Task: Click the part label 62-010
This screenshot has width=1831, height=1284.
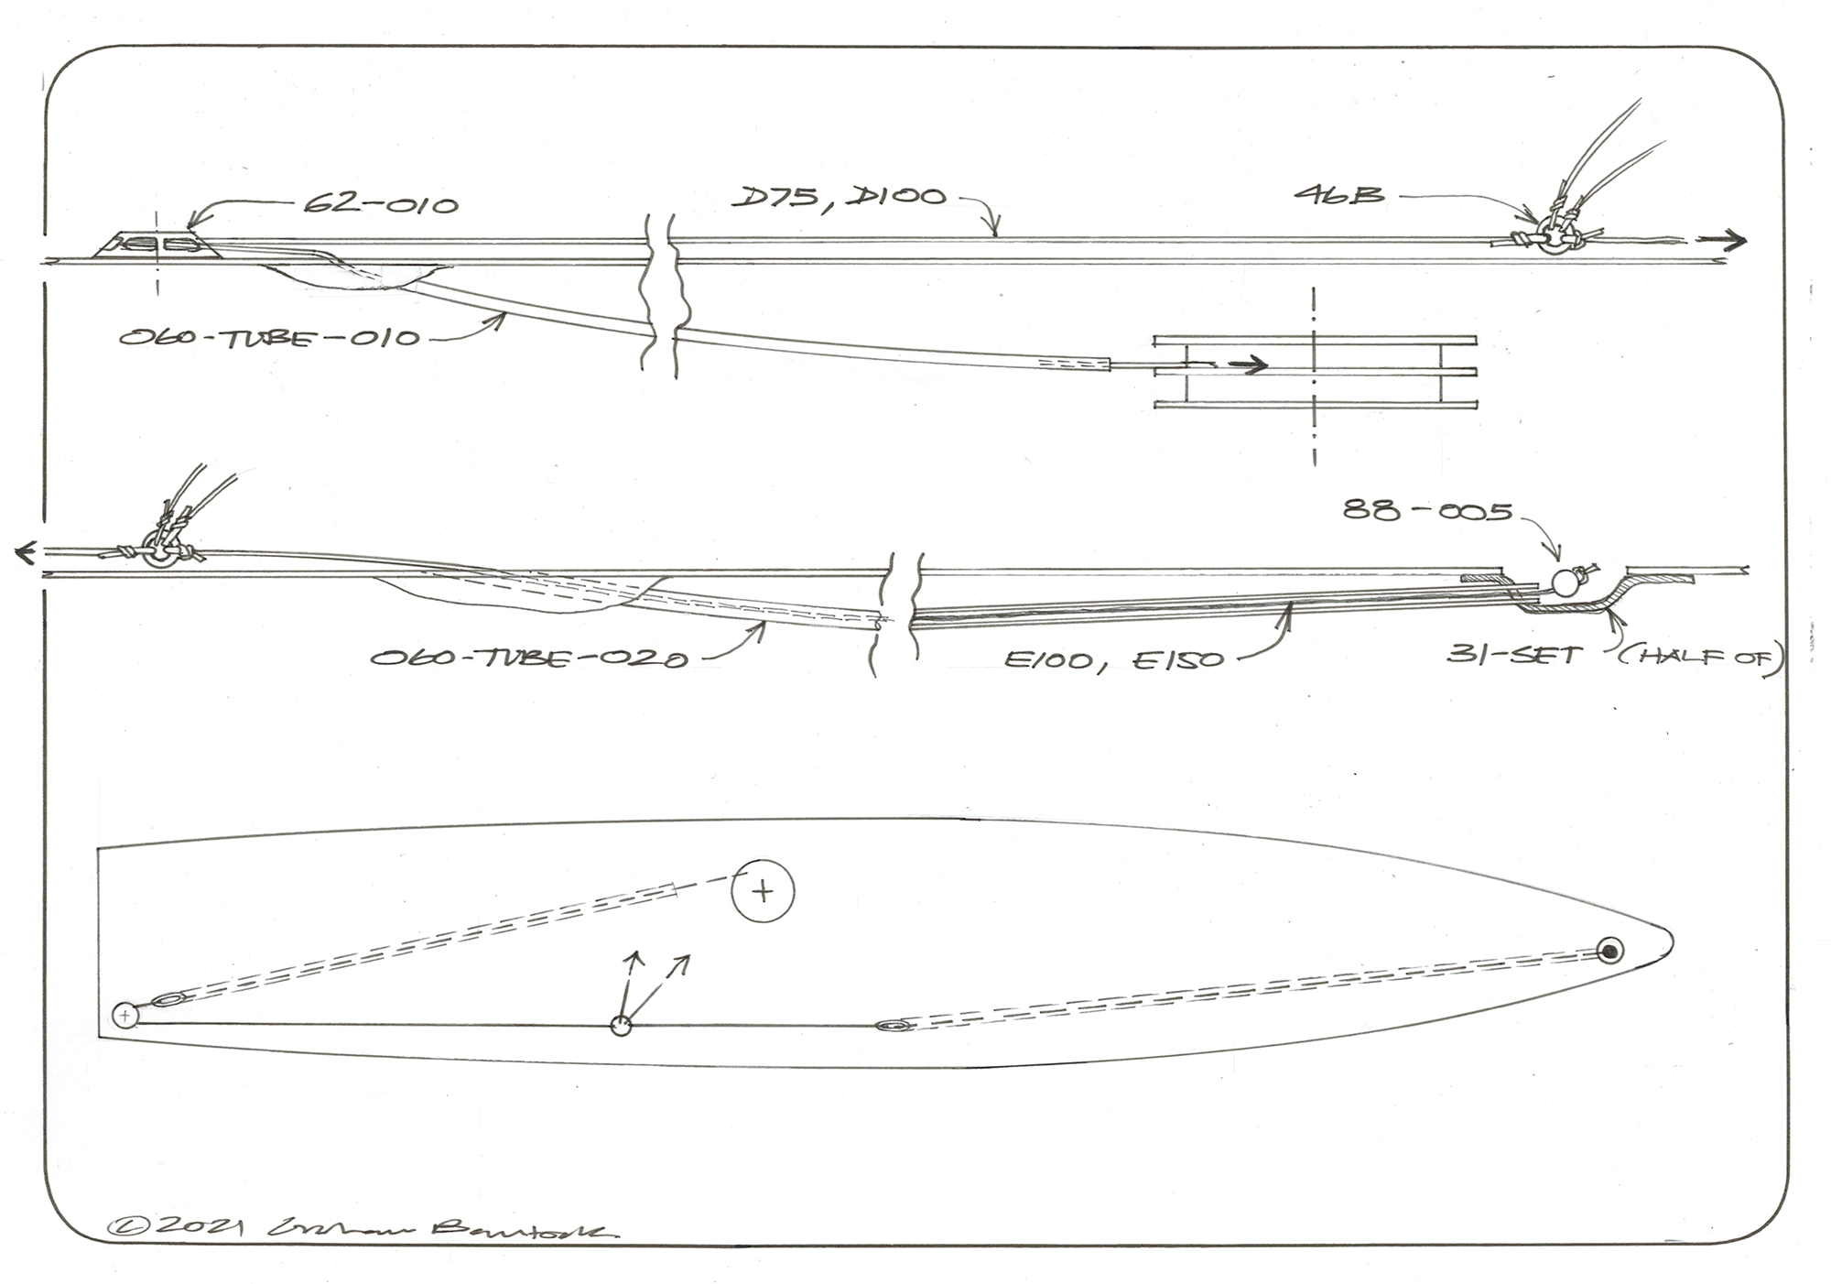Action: tap(381, 203)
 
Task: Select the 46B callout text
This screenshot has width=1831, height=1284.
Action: tap(1338, 194)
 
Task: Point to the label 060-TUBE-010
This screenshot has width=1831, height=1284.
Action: tap(270, 338)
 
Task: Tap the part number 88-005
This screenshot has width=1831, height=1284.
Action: tap(1427, 511)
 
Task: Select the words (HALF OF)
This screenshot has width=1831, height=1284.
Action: tap(1701, 658)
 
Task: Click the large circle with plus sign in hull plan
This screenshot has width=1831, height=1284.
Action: tap(763, 890)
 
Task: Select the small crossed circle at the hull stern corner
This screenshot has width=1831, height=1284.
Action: tap(125, 1015)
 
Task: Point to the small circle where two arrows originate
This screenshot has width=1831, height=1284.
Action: tap(622, 1027)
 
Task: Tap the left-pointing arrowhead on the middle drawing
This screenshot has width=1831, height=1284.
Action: tap(26, 552)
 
